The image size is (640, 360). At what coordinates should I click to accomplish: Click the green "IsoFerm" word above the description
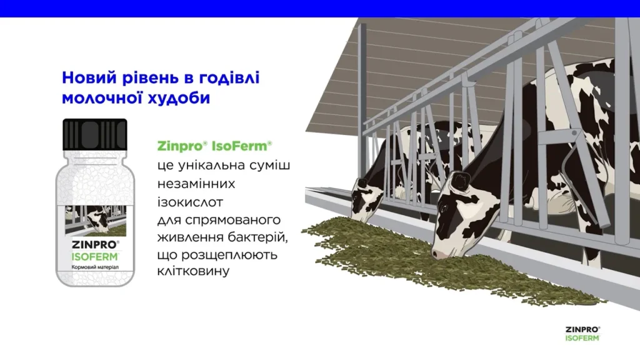239,146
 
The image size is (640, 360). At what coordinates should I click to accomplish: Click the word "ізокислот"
190,202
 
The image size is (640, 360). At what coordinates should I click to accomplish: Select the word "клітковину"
194,271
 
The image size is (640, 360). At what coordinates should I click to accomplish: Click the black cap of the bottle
95,134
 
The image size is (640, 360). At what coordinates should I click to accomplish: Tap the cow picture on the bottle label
96,221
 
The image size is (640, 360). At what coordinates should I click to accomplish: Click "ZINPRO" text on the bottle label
94,245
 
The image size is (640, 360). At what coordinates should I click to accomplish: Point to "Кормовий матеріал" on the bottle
95,267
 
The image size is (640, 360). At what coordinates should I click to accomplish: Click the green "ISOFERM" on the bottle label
94,257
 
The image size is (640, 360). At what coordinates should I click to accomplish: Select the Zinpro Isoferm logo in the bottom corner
582,334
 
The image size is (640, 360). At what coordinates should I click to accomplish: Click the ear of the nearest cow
459,182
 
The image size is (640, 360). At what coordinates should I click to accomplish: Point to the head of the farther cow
363,201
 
